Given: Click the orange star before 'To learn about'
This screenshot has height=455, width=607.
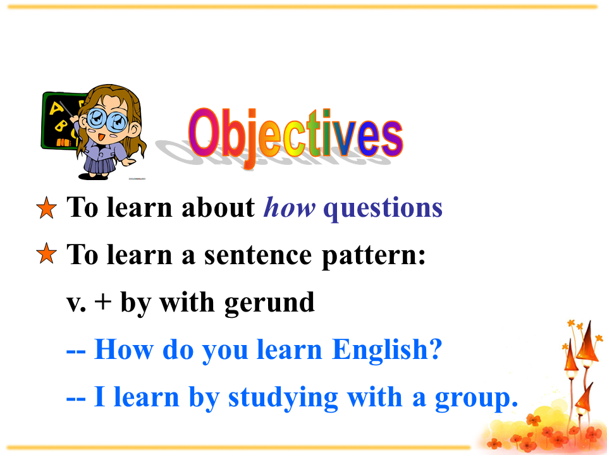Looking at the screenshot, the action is pos(46,208).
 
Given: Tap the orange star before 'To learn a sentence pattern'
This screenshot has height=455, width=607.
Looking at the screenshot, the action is pos(46,254).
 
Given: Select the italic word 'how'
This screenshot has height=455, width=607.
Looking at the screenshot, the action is pos(289,208).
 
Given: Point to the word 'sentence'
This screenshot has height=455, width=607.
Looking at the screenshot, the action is pos(258,255).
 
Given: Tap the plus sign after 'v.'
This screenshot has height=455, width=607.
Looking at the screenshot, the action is pos(102,302).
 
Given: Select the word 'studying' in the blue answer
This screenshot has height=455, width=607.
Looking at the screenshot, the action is pos(283,398).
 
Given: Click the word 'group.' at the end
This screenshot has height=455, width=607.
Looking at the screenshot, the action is pos(477,399).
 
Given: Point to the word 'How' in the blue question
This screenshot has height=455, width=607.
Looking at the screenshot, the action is pos(123,349).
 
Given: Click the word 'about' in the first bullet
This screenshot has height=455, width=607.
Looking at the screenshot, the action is pos(218,208).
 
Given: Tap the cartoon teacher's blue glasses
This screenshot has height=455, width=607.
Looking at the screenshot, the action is pos(106,120).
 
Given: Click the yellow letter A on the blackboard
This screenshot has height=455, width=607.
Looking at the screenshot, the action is pos(56,108).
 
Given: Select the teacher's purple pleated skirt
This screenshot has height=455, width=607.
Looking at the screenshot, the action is pos(99,164).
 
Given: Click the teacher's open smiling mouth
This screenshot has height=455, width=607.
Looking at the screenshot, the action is pos(101,137).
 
